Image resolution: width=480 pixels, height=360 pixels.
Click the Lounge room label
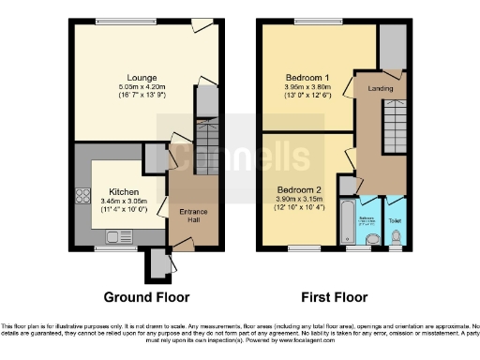143,77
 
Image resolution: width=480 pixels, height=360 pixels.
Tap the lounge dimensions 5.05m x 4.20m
143,85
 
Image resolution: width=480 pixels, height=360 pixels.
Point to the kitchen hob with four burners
82,198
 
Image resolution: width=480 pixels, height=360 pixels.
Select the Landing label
380,88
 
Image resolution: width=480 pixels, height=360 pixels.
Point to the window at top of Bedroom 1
308,21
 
